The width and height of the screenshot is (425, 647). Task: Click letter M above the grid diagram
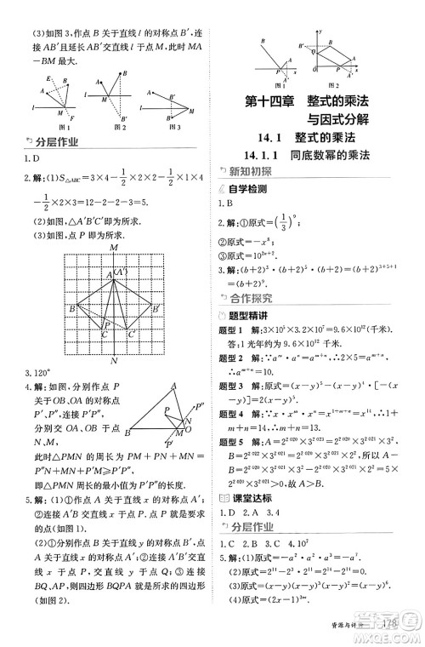[113, 247]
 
